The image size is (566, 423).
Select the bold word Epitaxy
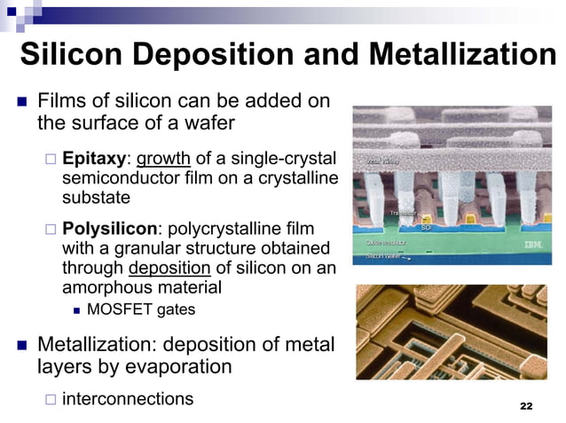(x=94, y=159)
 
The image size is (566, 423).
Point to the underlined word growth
(x=163, y=159)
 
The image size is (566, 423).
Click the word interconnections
(x=128, y=398)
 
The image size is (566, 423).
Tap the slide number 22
(x=525, y=405)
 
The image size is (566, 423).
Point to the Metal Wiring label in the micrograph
(x=382, y=161)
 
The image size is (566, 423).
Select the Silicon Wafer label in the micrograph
(x=382, y=256)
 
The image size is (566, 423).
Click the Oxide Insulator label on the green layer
(x=386, y=242)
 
